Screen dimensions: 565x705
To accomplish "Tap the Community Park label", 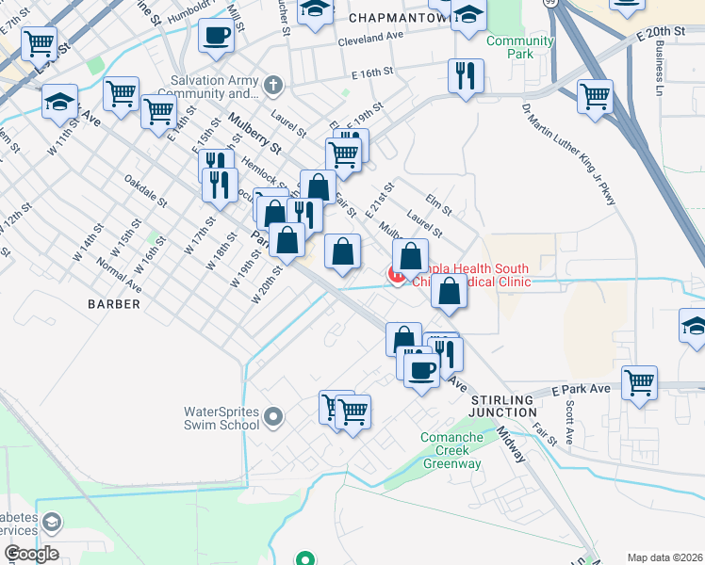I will coord(519,47).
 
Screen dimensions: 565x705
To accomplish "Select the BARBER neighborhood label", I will coord(114,304).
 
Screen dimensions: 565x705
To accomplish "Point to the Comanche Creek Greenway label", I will coord(451,451).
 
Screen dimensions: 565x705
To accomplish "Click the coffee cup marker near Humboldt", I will coord(217,36).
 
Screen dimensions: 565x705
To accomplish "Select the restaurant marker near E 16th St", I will coord(465,76).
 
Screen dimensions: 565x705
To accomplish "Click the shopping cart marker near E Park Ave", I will coord(639,382).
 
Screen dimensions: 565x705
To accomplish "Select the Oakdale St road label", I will coord(145,191).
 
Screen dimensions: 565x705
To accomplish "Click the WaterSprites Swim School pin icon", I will coord(273,415).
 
